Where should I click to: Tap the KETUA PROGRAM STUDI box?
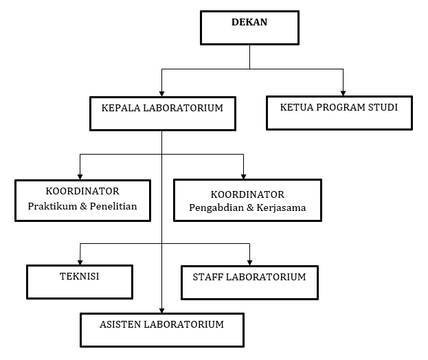(x=339, y=113)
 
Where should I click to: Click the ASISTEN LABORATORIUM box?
(x=162, y=329)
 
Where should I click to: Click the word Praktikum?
(x=52, y=205)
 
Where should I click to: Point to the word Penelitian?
(x=113, y=205)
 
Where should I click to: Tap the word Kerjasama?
(x=281, y=207)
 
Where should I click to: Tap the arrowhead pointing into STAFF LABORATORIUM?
(x=249, y=261)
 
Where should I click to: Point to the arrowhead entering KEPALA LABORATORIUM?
(x=161, y=92)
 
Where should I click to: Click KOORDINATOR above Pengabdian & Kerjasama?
(x=247, y=194)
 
